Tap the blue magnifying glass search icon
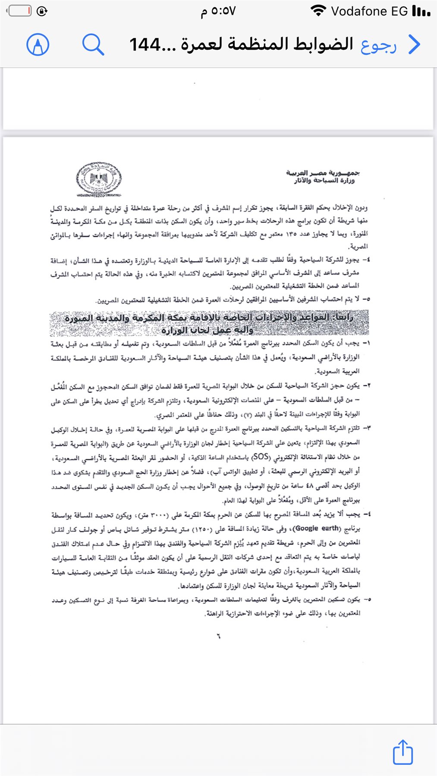point(93,44)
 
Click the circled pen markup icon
point(38,44)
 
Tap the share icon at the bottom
point(402,752)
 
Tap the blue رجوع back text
point(378,45)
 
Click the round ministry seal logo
point(99,179)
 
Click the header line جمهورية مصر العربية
point(323,173)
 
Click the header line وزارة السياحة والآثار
point(324,181)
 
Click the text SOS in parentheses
point(261,456)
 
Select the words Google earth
point(317,529)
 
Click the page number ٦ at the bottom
point(219,636)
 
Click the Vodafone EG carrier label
point(369,11)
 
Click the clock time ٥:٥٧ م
point(218,11)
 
